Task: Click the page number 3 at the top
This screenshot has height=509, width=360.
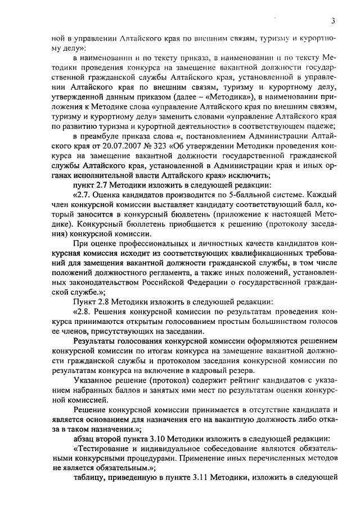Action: point(333,21)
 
